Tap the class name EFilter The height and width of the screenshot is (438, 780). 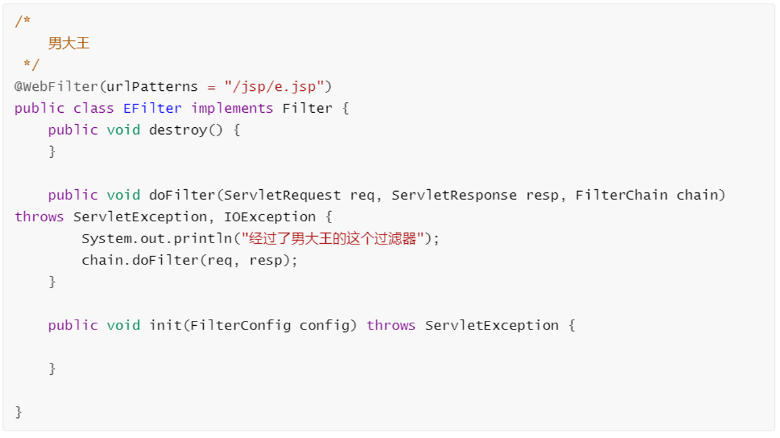click(152, 108)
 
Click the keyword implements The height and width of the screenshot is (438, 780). click(232, 108)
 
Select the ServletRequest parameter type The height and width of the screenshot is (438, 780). click(283, 196)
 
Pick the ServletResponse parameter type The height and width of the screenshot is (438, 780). click(454, 196)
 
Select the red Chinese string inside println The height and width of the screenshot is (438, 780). click(333, 239)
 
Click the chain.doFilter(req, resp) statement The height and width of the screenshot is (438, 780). click(189, 261)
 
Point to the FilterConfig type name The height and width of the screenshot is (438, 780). click(241, 326)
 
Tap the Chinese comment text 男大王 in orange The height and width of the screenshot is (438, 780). click(69, 43)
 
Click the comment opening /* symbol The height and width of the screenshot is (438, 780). click(23, 21)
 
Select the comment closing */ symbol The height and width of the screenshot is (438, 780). click(31, 65)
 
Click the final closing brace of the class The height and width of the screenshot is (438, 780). click(19, 412)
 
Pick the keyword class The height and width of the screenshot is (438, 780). click(93, 108)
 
